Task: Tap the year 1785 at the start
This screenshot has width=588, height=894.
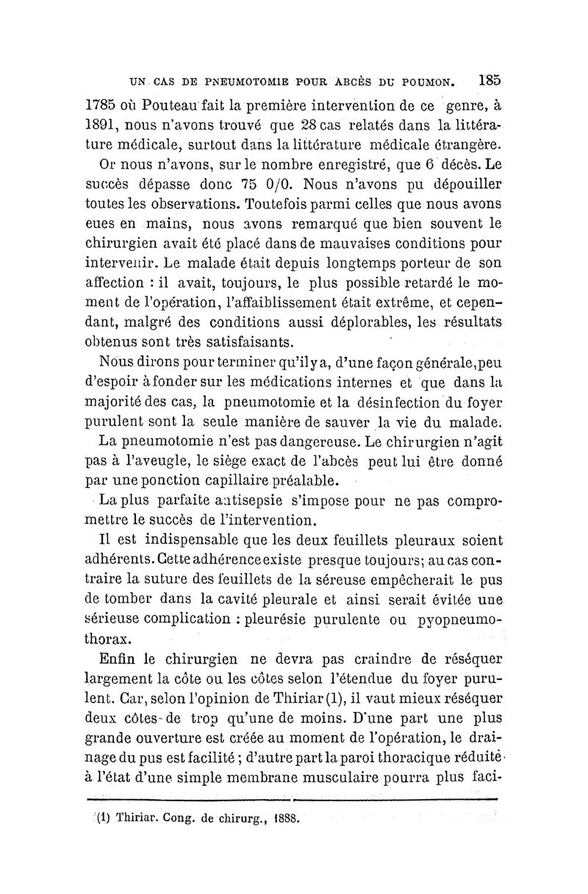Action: tap(100, 102)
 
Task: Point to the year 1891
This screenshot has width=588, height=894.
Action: tap(101, 121)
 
